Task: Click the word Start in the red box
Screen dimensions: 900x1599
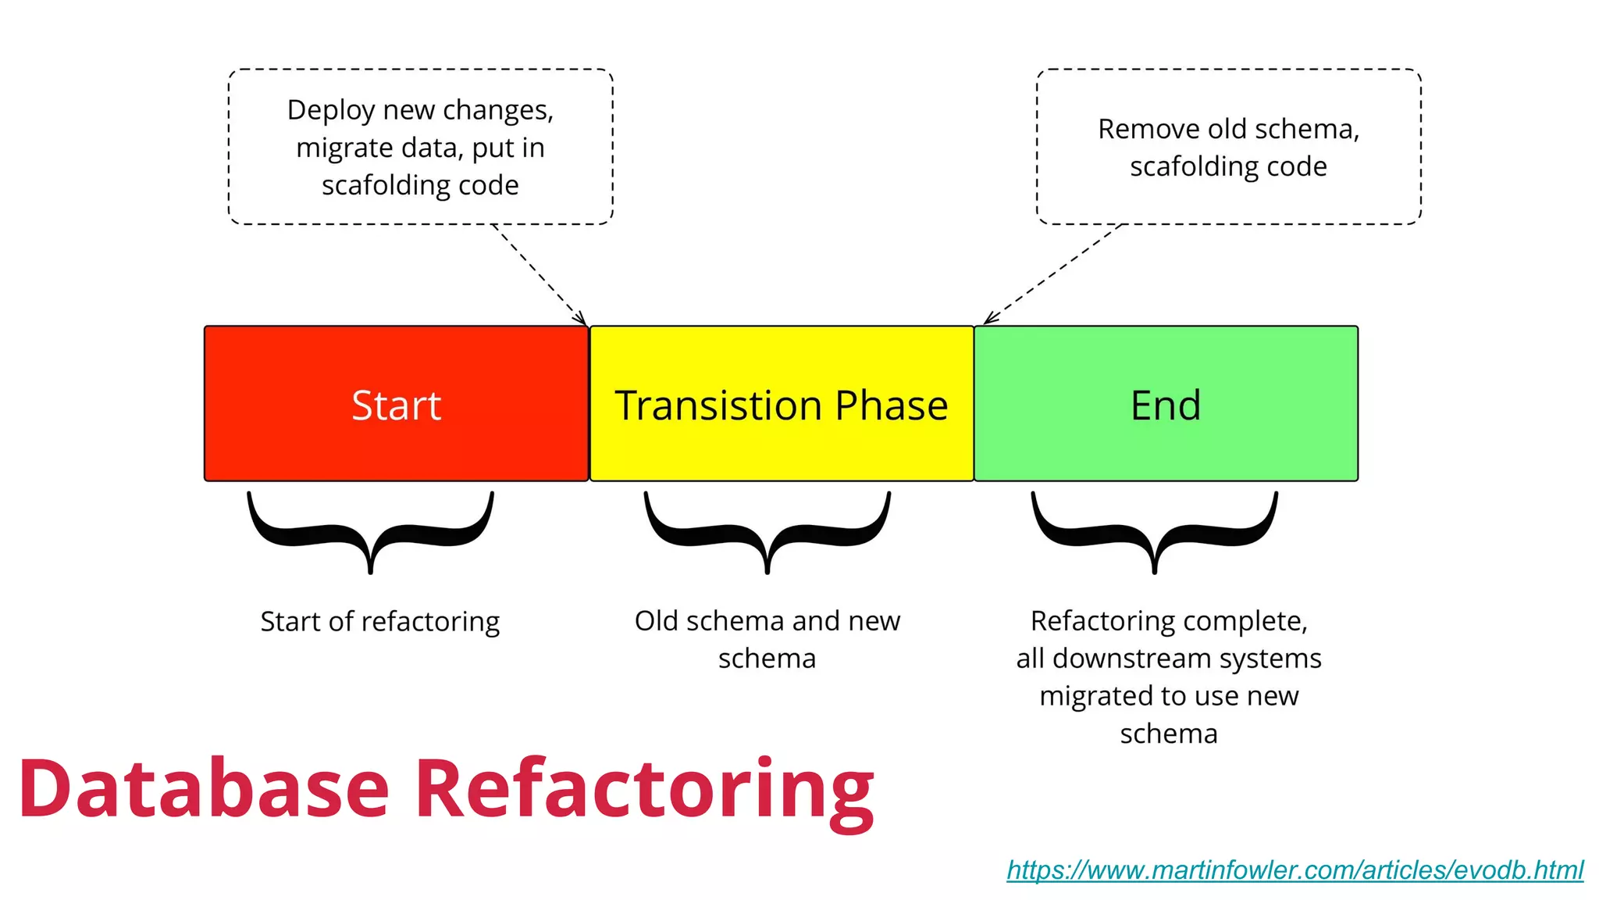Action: [x=396, y=405]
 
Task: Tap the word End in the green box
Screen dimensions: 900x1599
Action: [x=1166, y=405]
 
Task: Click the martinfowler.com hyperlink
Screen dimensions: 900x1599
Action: [x=1295, y=870]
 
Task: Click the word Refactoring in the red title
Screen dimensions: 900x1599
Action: [x=644, y=788]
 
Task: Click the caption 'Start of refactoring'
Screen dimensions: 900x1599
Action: [x=379, y=622]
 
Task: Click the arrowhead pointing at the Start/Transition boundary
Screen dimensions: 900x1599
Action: [x=581, y=319]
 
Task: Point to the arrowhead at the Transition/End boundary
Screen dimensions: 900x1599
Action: [x=989, y=317]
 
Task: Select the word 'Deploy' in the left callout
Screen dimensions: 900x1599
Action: [x=330, y=110]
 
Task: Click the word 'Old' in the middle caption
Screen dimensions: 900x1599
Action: [x=656, y=621]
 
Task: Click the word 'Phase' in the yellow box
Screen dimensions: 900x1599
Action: [x=891, y=405]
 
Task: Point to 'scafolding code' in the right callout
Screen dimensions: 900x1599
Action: [x=1228, y=166]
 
